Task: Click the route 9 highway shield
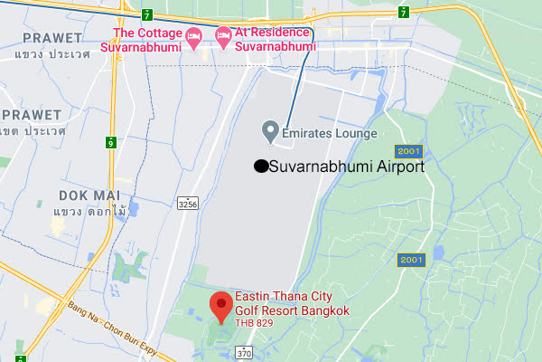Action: coord(110,142)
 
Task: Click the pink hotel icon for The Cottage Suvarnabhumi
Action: coord(193,37)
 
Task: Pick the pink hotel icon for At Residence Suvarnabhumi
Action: coord(223,37)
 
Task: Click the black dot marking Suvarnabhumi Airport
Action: coord(260,166)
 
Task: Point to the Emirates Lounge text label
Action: coord(330,135)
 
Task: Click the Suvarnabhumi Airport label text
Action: coord(347,166)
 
